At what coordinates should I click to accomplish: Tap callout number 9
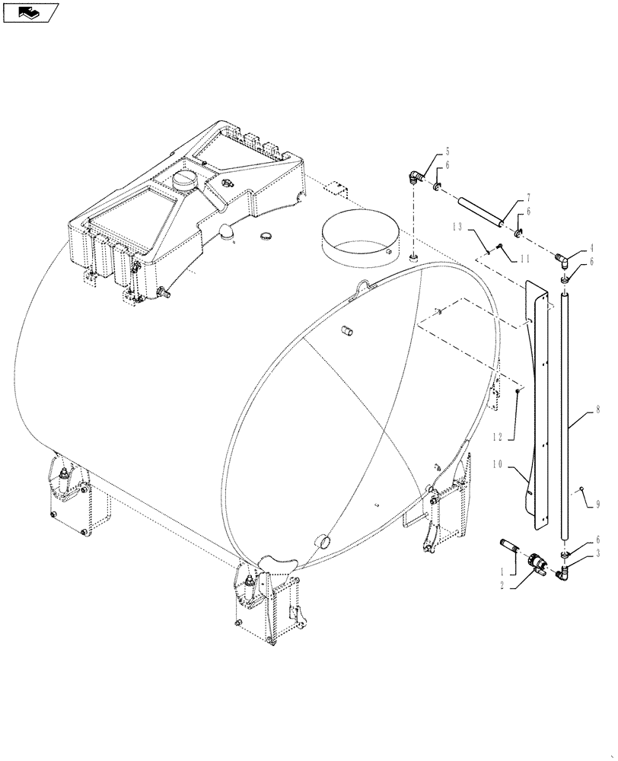pos(598,504)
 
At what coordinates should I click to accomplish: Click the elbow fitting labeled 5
pos(415,177)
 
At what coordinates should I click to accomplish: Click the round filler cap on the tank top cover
pos(185,181)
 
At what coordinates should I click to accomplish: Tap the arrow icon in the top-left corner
pos(30,11)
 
